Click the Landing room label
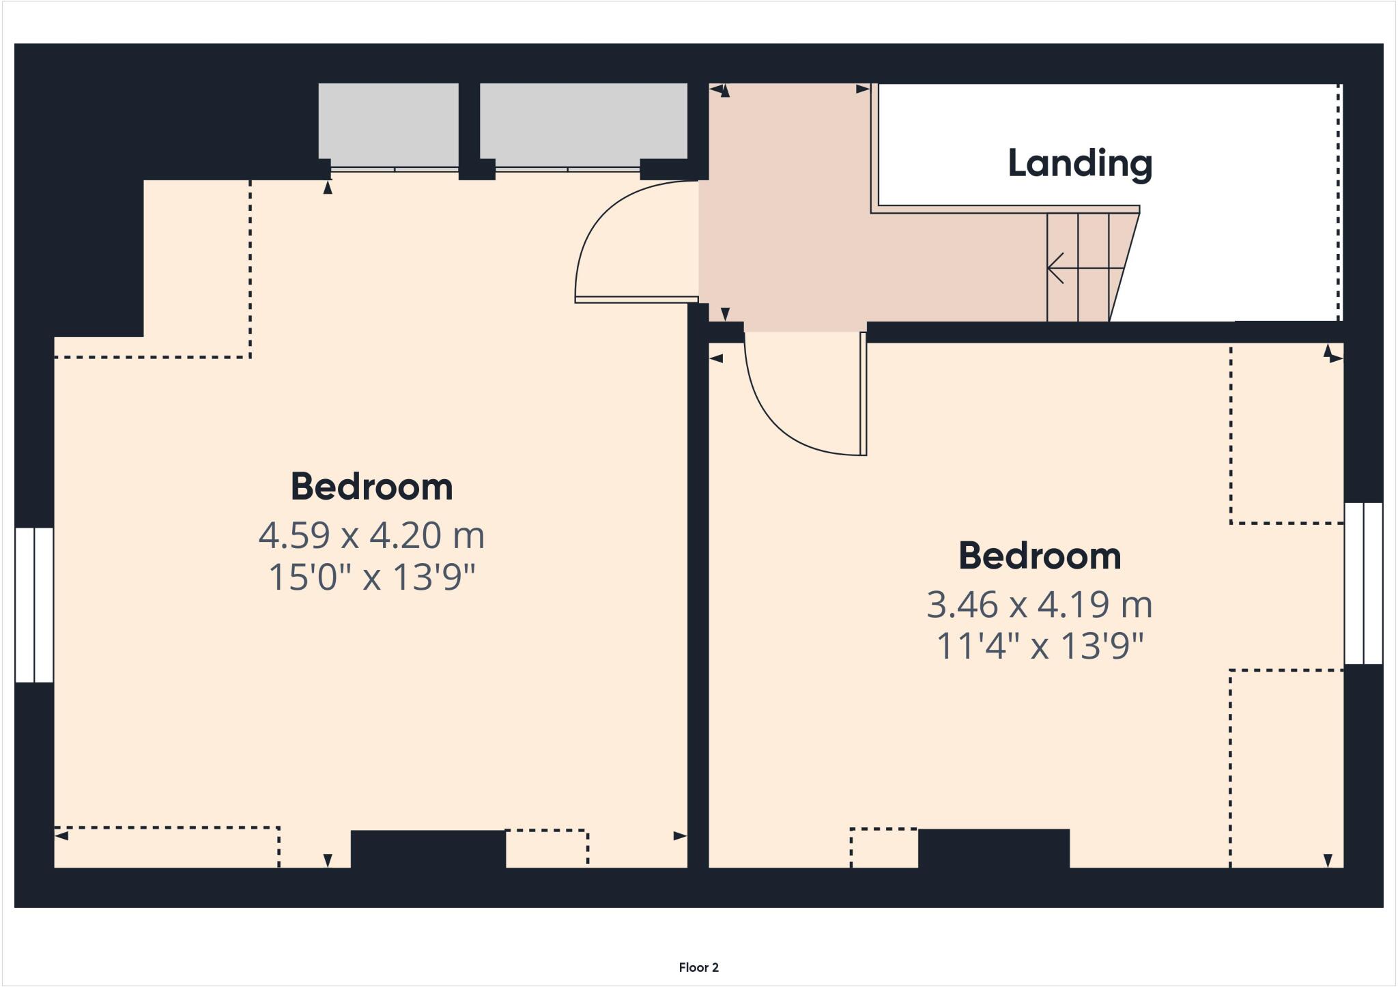tap(1079, 164)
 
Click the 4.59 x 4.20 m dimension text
tap(371, 535)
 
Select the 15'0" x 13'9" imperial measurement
tap(371, 577)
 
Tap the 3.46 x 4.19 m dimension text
tap(1039, 605)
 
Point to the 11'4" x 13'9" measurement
tap(1039, 646)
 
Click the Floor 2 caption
tap(698, 967)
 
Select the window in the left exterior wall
tap(34, 604)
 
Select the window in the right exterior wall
tap(1363, 583)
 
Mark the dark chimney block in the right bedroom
tap(993, 848)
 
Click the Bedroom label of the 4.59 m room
tap(371, 487)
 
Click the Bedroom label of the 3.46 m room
tap(1039, 556)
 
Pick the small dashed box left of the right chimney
tap(884, 848)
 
